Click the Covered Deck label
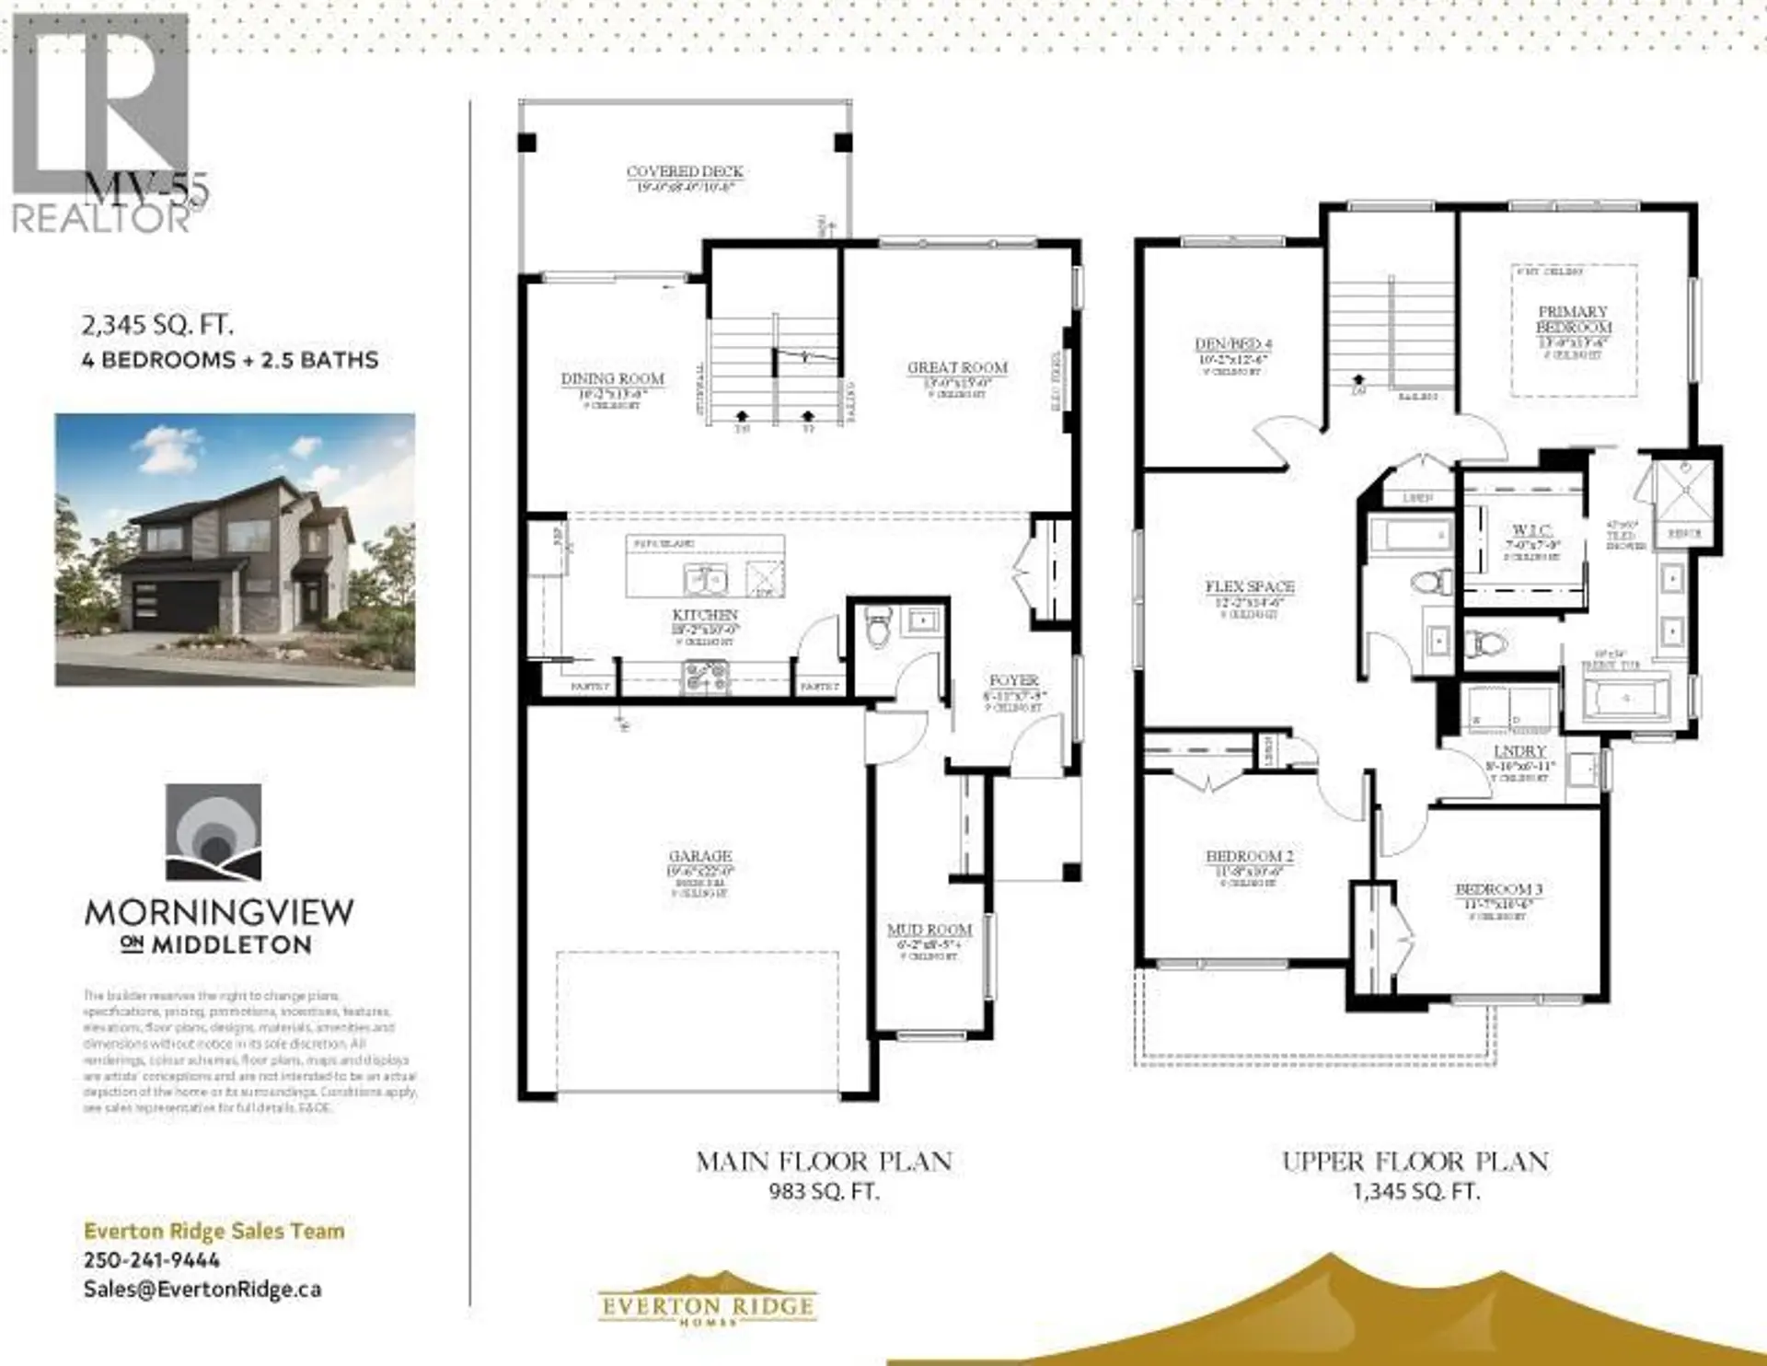click(685, 172)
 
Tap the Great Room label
click(957, 367)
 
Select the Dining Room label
click(613, 379)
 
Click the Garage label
click(700, 856)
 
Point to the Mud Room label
click(930, 930)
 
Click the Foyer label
click(1013, 681)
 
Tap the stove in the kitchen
click(705, 678)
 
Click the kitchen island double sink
click(706, 580)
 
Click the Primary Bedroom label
click(1574, 319)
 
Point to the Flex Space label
click(1250, 586)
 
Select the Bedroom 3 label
click(1498, 889)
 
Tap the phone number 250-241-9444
click(152, 1260)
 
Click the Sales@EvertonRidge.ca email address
click(202, 1289)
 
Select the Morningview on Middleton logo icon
click(213, 832)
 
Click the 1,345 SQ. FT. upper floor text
click(1415, 1191)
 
